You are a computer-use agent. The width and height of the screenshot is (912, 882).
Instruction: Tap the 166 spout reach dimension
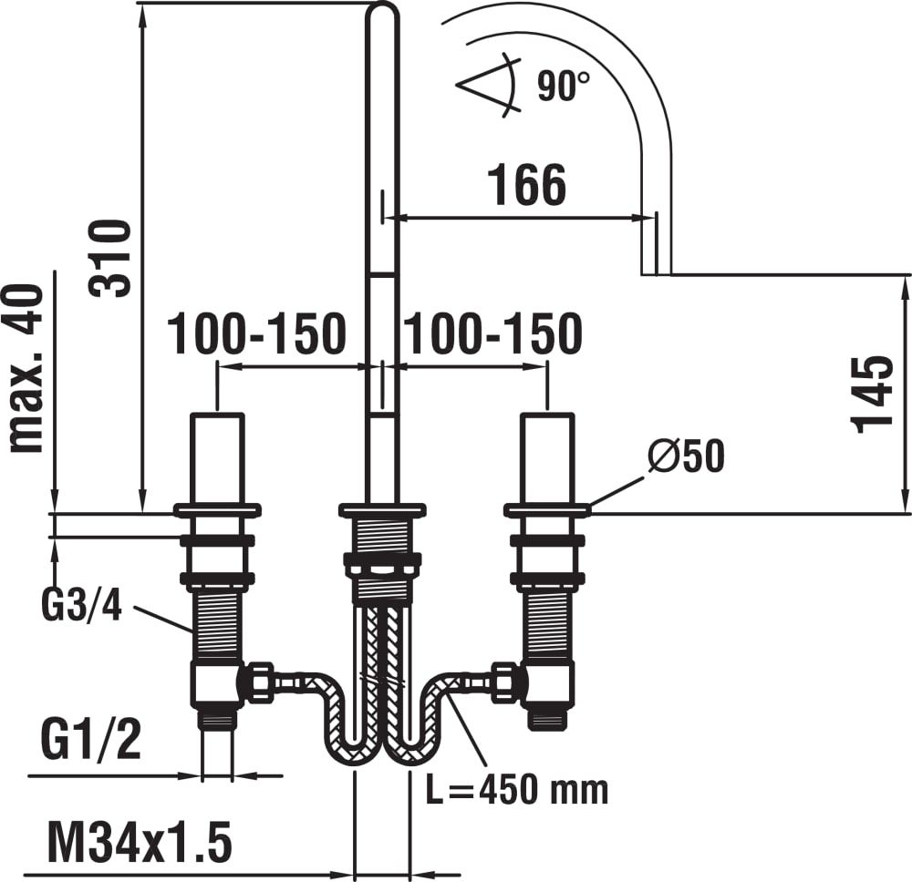pos(526,185)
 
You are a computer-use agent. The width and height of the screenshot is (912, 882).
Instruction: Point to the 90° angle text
pos(563,86)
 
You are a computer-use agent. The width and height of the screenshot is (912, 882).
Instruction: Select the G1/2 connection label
pos(90,739)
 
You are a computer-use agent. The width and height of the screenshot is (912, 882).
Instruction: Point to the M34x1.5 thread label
pos(140,841)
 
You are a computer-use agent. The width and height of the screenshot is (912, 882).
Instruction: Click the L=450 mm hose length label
pos(517,789)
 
